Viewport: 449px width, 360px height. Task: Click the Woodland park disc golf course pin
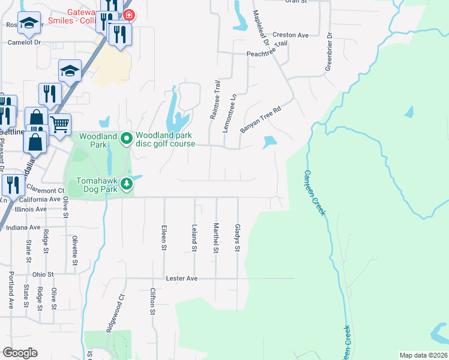pos(126,139)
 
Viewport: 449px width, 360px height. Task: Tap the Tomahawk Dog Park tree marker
pos(126,184)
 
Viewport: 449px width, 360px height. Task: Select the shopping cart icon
pos(59,125)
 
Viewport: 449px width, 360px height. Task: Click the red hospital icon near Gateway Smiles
pos(127,14)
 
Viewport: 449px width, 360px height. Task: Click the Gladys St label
pos(238,238)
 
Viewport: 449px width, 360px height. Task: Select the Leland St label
pos(194,238)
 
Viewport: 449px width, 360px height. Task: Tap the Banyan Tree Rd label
pos(261,120)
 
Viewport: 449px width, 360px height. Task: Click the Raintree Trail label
pos(213,100)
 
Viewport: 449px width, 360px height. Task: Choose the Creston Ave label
pos(290,35)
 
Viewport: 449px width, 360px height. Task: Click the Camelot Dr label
pos(24,43)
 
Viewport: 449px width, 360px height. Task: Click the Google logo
pos(20,353)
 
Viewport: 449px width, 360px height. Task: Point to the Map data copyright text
pos(423,355)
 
